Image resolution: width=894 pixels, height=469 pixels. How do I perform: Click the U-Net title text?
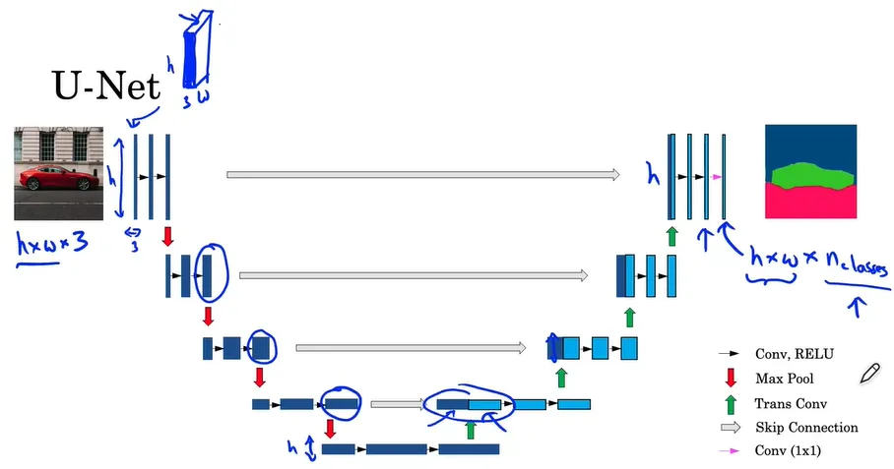105,88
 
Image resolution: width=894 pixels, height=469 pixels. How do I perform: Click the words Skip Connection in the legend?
806,428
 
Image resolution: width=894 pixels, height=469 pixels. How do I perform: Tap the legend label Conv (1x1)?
788,451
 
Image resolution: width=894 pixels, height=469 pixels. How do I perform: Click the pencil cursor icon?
869,373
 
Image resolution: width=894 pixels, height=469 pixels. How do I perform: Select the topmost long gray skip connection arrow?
422,175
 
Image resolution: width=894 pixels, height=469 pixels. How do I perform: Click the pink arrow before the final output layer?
716,177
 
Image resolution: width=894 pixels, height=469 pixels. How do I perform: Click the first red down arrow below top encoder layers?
167,235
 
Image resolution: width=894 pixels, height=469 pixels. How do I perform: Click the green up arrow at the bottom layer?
471,429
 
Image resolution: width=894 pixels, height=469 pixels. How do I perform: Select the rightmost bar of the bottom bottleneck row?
469,449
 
